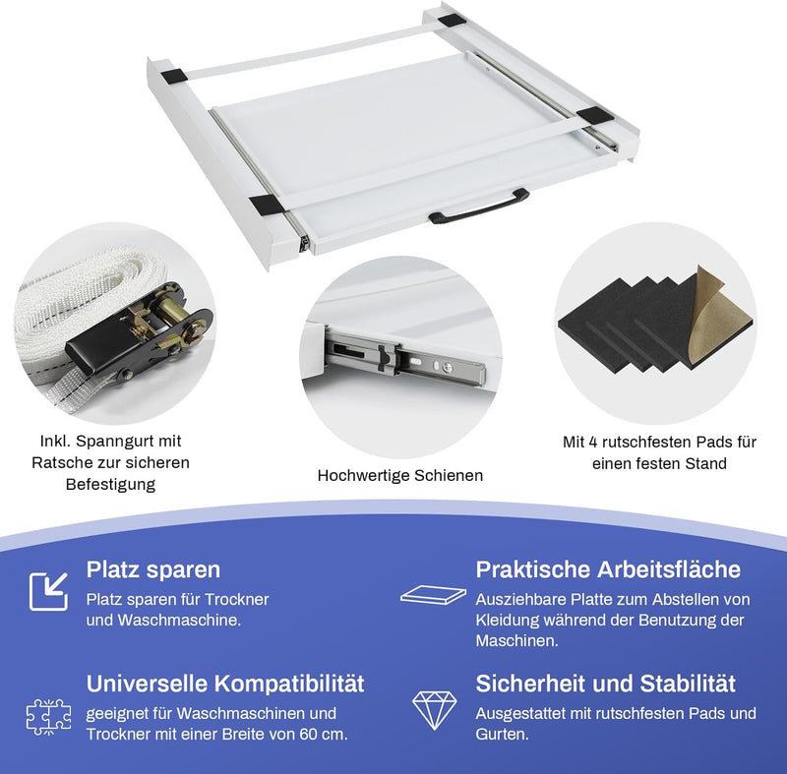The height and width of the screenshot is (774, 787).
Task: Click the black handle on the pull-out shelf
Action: tap(478, 207)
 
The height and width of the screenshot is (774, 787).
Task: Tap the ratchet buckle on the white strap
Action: tap(141, 331)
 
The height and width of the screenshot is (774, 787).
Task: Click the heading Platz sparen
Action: tap(153, 569)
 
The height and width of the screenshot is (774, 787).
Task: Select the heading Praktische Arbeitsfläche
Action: tap(608, 569)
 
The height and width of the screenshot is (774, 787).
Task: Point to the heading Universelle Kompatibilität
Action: tap(225, 684)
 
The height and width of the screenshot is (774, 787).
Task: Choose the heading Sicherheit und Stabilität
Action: tap(605, 684)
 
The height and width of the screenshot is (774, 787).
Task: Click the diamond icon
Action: tap(434, 710)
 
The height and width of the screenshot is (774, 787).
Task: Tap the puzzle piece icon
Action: tap(48, 717)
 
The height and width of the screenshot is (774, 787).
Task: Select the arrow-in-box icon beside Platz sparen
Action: tap(48, 591)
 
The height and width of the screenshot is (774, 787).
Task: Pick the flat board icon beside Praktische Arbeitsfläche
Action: tap(433, 595)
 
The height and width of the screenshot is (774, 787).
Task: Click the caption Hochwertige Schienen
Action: tap(400, 475)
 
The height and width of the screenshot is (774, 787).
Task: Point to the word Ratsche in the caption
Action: tap(61, 462)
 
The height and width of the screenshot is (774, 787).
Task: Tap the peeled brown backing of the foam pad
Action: tap(719, 316)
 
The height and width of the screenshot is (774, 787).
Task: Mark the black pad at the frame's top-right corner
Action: tap(452, 23)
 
